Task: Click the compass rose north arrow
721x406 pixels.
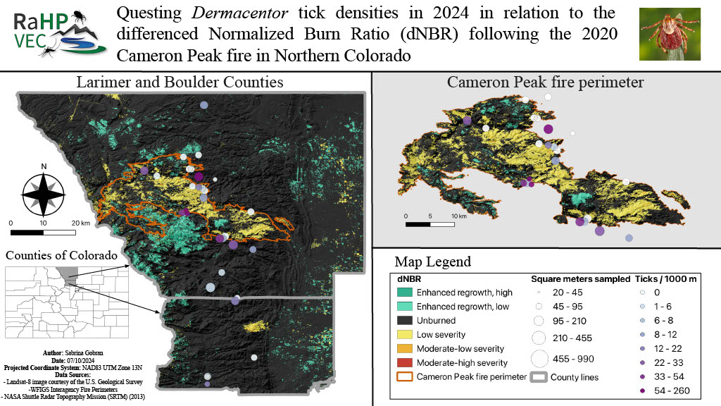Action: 44,192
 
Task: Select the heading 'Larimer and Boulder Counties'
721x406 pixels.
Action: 180,82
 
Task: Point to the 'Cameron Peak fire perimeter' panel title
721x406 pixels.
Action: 545,82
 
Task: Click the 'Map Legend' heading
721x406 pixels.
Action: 433,262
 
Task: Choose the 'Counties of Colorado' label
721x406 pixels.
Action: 61,255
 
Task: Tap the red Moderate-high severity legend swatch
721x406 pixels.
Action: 403,362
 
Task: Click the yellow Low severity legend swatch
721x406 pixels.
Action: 403,335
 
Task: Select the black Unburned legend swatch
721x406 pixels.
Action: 403,321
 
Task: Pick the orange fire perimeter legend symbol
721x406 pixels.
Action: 403,376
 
